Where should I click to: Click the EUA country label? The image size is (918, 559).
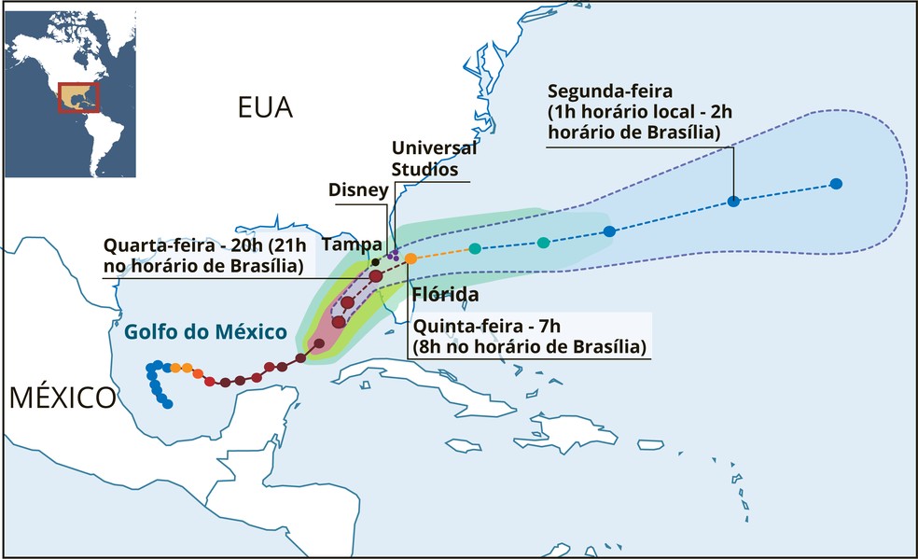pos(265,108)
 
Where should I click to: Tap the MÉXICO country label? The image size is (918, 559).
pos(63,398)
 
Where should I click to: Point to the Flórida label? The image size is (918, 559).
pos(445,295)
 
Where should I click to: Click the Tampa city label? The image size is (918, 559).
pos(345,244)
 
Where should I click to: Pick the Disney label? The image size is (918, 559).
pos(358,190)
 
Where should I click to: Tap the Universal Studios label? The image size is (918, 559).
pos(434,159)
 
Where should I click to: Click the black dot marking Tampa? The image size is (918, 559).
pos(374,261)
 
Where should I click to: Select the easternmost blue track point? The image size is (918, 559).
pos(836,183)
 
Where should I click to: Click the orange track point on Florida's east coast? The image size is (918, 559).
pos(410,258)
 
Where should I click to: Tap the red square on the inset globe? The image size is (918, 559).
pos(77,97)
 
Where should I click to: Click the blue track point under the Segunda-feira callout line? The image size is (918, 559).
pos(733,201)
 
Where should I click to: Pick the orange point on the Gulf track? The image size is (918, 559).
pos(188,368)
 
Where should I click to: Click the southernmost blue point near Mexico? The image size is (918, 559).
pos(168,404)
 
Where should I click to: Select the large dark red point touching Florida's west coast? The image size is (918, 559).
pos(375,276)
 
